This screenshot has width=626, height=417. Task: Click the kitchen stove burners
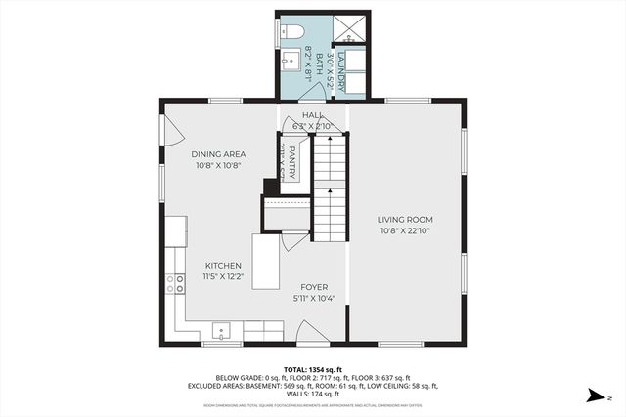pyautogui.click(x=176, y=284)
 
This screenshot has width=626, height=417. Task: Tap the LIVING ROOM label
pyautogui.click(x=406, y=220)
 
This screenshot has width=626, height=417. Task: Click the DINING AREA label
pyautogui.click(x=218, y=154)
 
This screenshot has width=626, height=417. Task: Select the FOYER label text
pyautogui.click(x=314, y=287)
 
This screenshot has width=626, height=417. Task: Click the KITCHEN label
pyautogui.click(x=223, y=266)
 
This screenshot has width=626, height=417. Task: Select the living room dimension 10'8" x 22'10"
pyautogui.click(x=406, y=231)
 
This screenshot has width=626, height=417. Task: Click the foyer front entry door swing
pyautogui.click(x=313, y=337)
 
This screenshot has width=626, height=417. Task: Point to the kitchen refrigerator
pyautogui.click(x=176, y=230)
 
